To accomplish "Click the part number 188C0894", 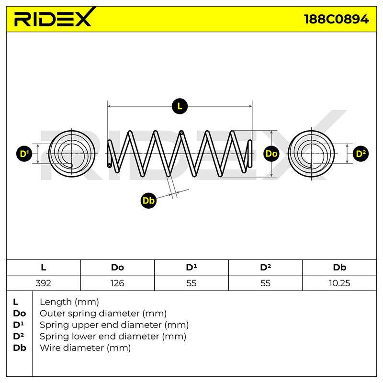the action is pos(337,19).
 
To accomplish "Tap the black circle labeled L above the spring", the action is pos(180,106).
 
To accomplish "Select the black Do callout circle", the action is pos(271,154).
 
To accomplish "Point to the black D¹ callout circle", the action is pos(24,154).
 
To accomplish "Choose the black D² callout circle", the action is pos(360,154).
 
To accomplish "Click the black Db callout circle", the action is pos(148,201).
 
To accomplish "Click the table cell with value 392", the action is pos(43,283).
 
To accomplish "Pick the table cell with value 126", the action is pos(117,283).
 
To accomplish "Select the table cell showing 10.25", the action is pos(339,283).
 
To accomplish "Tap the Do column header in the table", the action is pos(117,268).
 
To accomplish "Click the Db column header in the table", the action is pos(339,268).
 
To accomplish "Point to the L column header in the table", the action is pos(43,268).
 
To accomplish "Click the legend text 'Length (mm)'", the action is pos(69,302).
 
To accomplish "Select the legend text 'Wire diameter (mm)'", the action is pos(85,348).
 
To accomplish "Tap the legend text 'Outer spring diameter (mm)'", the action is pos(103,314).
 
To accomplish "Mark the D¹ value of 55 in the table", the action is pos(191,283).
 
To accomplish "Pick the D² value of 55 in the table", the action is pos(265,283).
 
